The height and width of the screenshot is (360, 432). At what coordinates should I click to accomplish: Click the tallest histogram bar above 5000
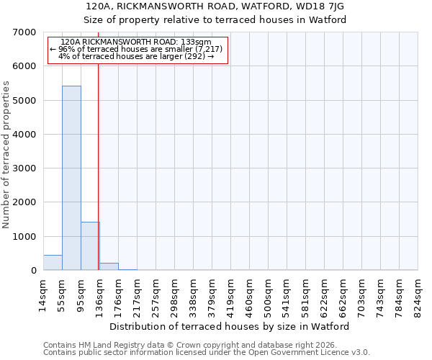coord(71,178)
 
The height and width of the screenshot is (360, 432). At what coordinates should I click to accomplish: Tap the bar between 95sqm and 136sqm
coord(90,246)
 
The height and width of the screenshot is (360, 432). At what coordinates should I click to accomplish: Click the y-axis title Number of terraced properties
coord(6,155)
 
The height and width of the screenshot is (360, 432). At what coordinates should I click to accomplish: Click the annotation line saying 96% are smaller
coord(137,49)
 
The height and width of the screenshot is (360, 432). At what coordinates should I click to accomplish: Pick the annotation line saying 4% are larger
coord(136,56)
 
